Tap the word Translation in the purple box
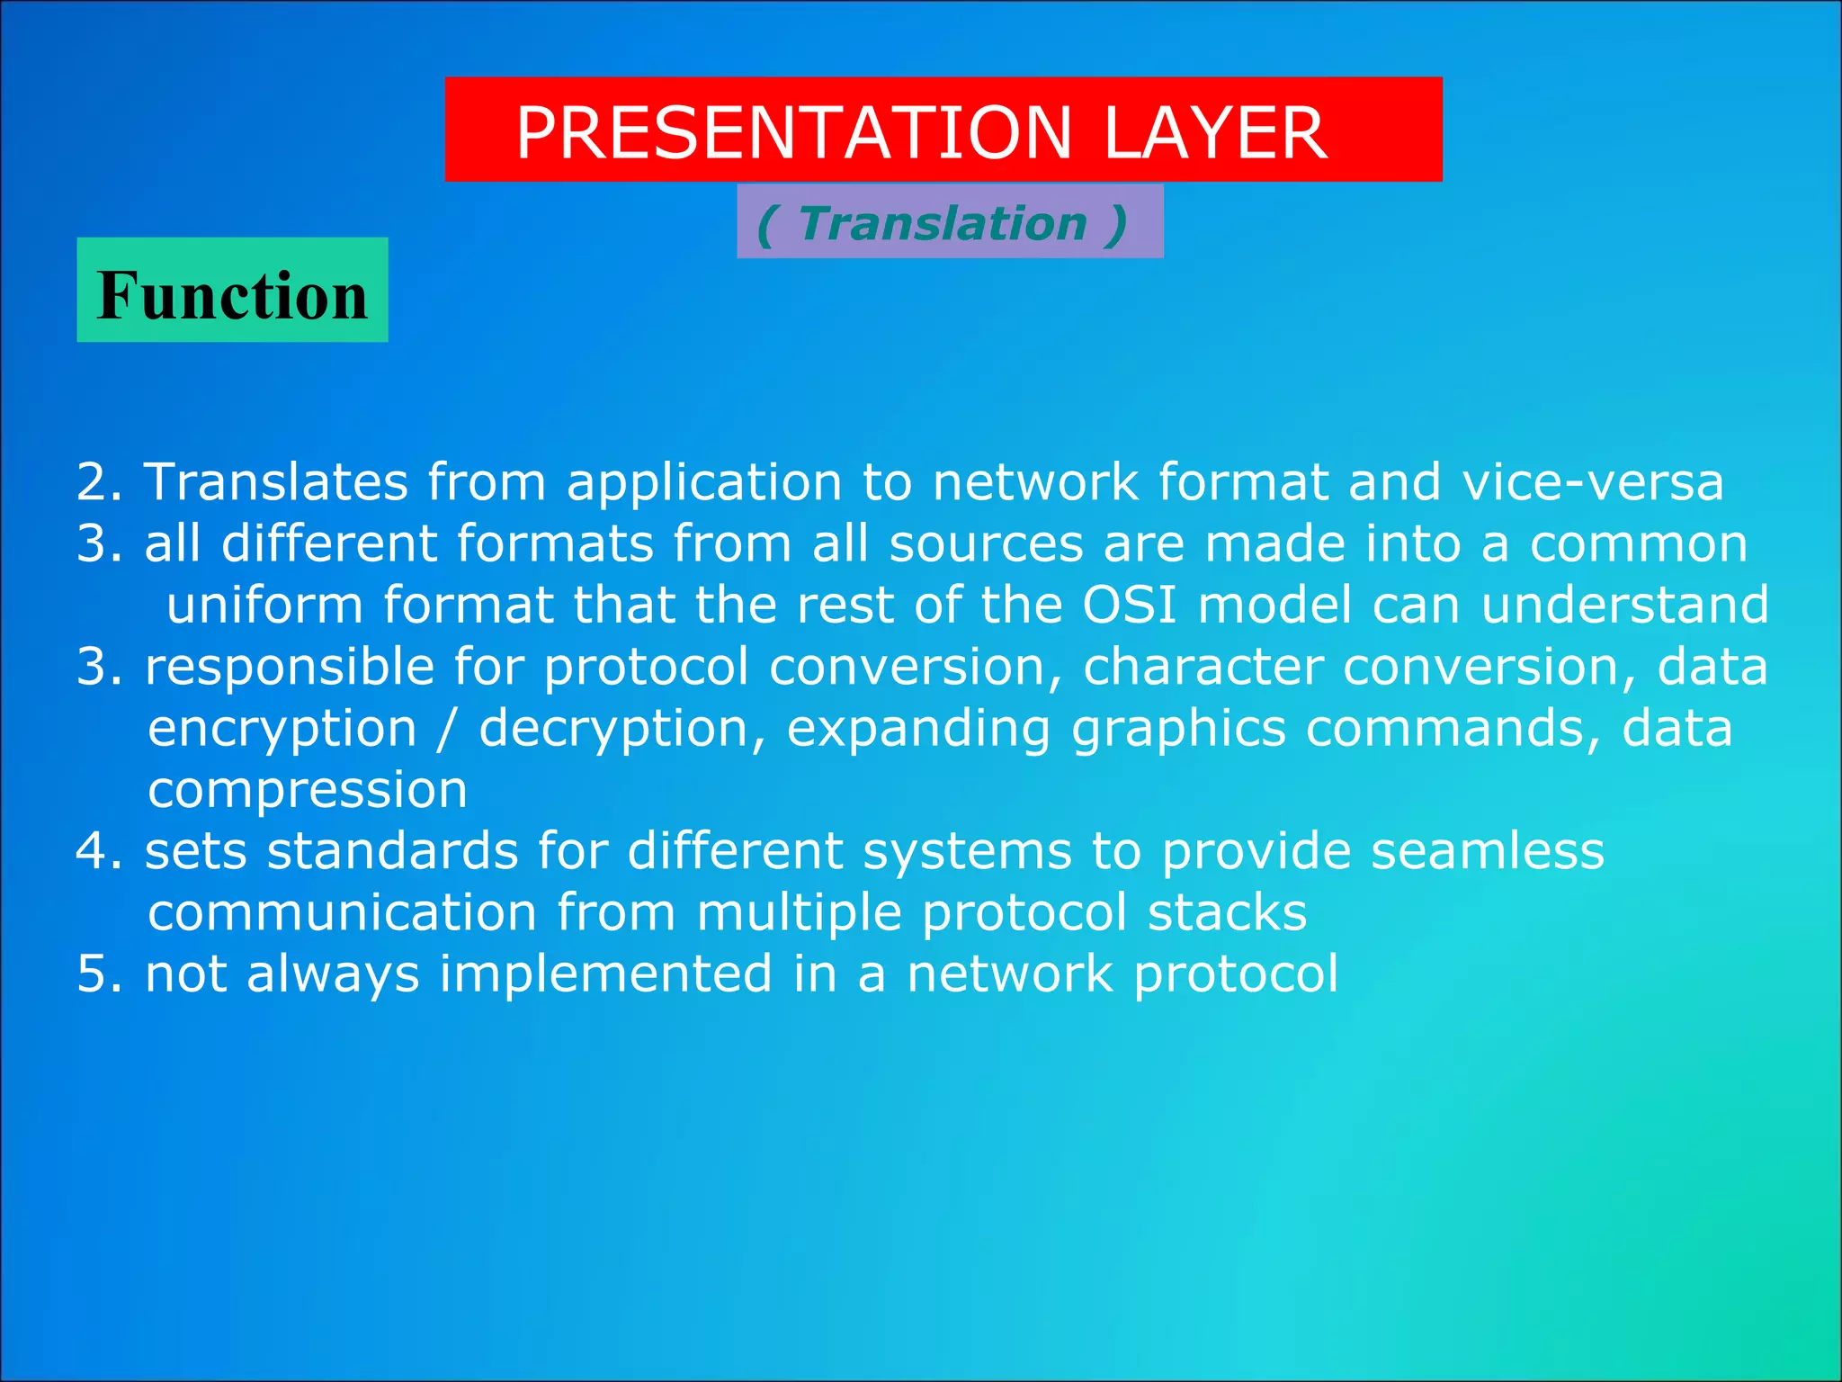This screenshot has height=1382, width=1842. pyautogui.click(x=943, y=223)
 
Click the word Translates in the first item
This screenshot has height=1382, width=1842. pyautogui.click(x=275, y=482)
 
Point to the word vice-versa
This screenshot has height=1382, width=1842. pyautogui.click(x=1592, y=482)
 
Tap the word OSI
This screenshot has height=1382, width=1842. pyautogui.click(x=1129, y=605)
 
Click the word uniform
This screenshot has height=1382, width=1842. pyautogui.click(x=264, y=605)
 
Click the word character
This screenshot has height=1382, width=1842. pyautogui.click(x=1203, y=668)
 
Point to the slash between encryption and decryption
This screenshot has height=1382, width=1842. pyautogui.click(x=447, y=729)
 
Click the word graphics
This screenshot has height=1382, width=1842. pyautogui.click(x=1178, y=729)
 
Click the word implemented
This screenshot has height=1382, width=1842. pyautogui.click(x=605, y=974)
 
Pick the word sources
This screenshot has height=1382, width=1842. pyautogui.click(x=986, y=544)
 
